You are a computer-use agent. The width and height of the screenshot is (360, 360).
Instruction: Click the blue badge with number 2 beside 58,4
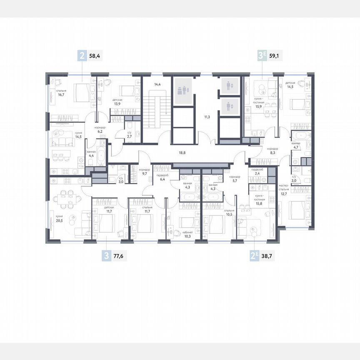tap(82, 55)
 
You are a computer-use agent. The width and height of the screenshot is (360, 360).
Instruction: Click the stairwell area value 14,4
tap(157, 85)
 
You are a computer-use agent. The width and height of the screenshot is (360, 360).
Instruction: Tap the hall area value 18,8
tap(182, 153)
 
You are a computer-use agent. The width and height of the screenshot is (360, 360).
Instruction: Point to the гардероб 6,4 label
tap(162, 177)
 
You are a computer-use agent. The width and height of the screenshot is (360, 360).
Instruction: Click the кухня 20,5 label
tap(53, 219)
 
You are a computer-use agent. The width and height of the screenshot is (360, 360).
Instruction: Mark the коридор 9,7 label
tap(145, 171)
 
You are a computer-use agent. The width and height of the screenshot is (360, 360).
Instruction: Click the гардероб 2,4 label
tap(256, 172)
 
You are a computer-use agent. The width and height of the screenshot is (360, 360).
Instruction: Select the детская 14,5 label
tap(290, 85)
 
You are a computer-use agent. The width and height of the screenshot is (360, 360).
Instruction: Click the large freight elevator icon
tap(182, 90)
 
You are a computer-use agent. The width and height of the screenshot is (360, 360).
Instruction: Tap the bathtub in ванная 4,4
tap(100, 157)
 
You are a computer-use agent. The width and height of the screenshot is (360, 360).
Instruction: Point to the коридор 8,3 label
tap(272, 151)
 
